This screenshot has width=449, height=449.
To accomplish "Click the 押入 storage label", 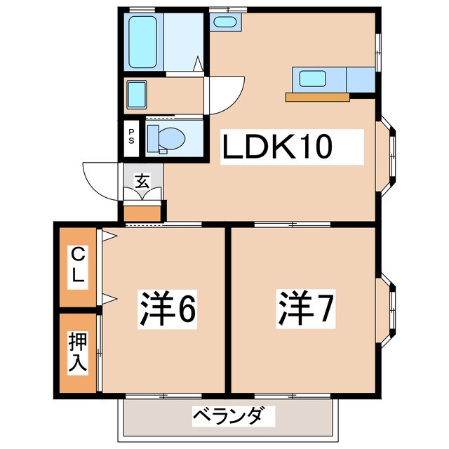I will click(77, 352).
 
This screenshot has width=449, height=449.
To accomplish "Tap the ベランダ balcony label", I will click(227, 417).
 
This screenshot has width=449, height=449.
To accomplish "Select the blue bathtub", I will click(143, 41).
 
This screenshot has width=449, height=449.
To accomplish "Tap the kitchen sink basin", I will click(311, 79).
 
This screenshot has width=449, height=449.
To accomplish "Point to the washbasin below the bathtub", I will click(136, 94).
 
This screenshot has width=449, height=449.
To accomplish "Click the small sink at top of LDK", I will click(224, 22).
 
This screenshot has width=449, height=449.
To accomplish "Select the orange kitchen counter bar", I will click(317, 97).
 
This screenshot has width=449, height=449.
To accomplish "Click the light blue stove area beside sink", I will click(360, 79).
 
